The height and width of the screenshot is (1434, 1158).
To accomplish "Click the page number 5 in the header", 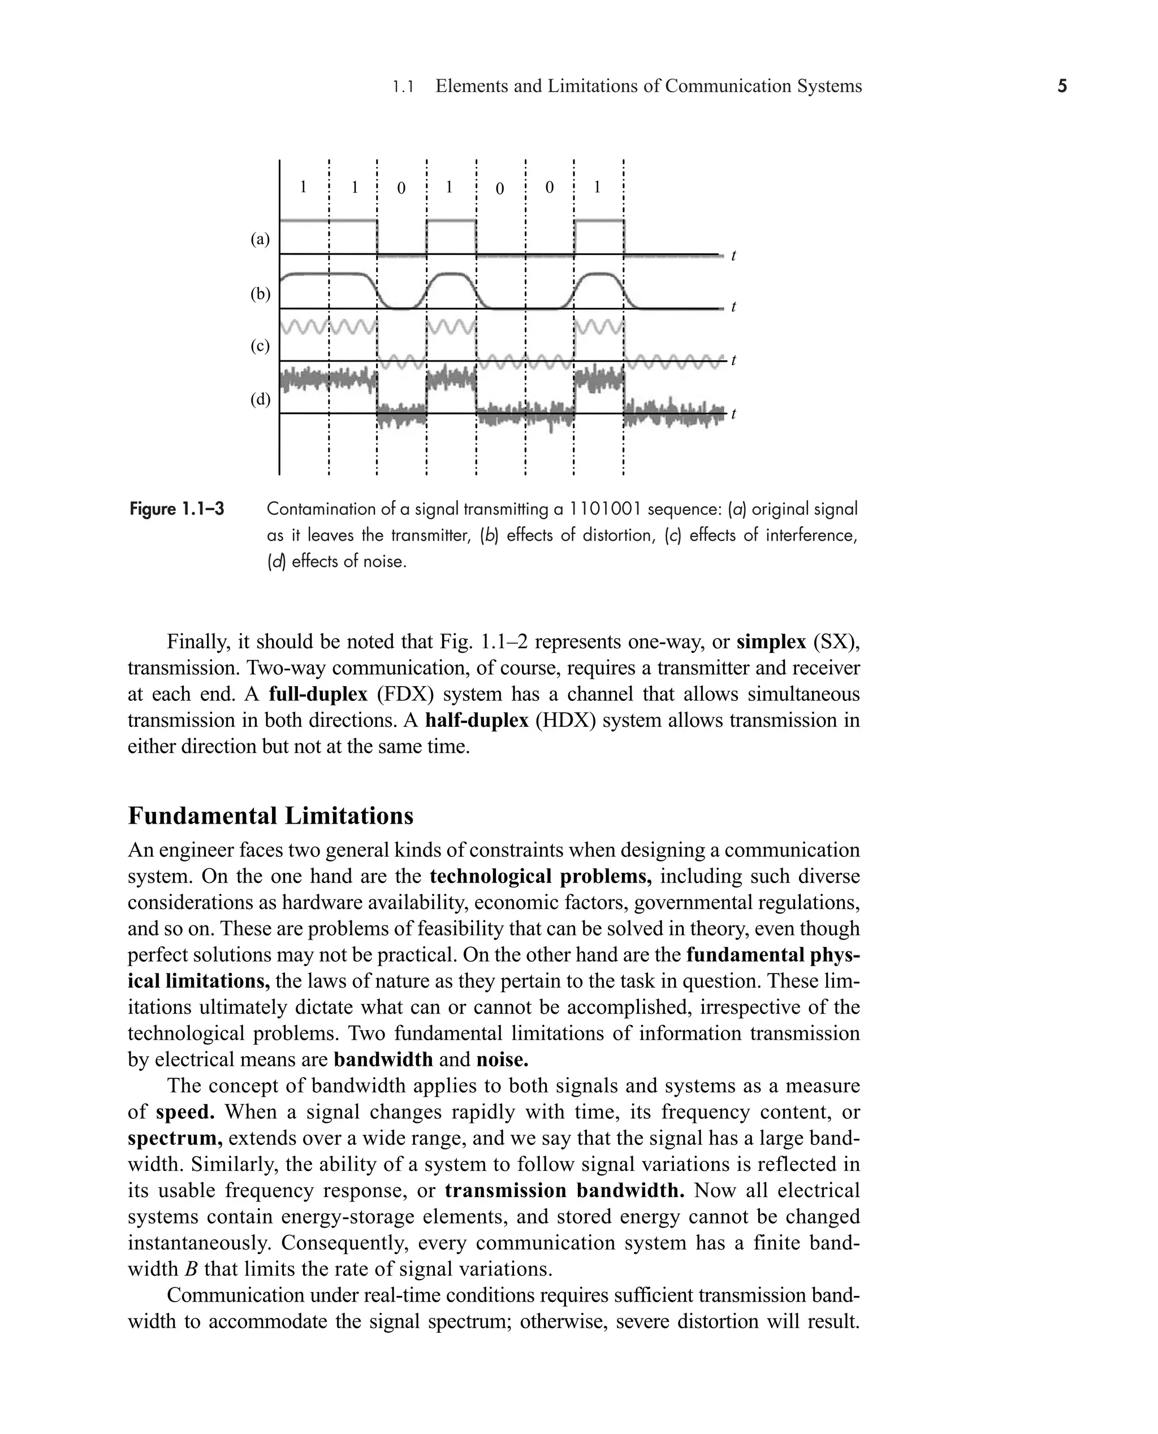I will (1062, 86).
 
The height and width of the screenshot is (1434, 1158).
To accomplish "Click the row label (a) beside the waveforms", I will (260, 239).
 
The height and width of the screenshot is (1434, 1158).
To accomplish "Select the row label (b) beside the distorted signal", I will (260, 294).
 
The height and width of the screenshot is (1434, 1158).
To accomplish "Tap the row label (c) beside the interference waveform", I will (260, 346).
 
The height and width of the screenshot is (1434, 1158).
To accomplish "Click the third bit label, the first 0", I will (401, 188).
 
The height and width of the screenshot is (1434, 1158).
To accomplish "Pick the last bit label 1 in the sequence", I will (597, 187).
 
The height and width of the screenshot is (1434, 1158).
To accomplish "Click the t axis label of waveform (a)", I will (734, 256).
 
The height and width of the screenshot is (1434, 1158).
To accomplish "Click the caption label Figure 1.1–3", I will (177, 510).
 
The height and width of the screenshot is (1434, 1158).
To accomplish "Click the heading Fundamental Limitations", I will (270, 815).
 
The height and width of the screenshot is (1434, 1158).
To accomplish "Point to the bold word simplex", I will (771, 642).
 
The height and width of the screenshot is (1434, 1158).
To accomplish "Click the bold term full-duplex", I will (318, 694).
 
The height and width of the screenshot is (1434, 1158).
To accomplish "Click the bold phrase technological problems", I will (541, 876).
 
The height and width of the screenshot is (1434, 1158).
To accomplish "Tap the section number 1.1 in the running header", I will (404, 87).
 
